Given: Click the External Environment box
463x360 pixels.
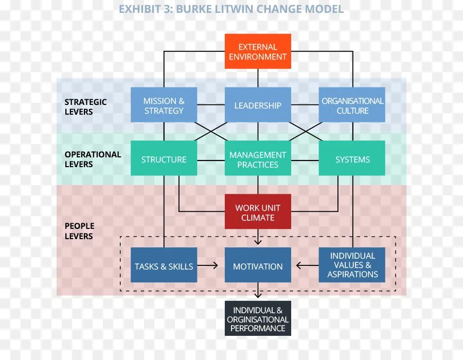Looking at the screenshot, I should [x=258, y=51].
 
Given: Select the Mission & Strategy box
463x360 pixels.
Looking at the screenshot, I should [x=164, y=105].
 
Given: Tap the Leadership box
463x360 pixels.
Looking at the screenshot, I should [x=258, y=105].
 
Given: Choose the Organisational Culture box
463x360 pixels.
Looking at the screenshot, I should [x=352, y=105].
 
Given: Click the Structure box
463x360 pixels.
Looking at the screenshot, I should [x=164, y=159].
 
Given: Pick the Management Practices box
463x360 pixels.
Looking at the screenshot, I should [x=258, y=159].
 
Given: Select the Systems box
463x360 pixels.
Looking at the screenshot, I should [x=352, y=159].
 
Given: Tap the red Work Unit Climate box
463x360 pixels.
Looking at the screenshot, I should [x=258, y=212].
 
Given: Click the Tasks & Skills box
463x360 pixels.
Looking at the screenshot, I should [x=164, y=266].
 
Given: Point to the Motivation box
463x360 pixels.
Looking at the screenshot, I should [x=258, y=266].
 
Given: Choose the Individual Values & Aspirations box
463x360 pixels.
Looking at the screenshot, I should [x=352, y=265].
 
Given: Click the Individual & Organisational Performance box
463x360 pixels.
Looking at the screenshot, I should [x=258, y=319].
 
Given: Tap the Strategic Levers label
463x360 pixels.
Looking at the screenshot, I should [x=85, y=106].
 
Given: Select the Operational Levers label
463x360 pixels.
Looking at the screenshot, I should [x=93, y=159].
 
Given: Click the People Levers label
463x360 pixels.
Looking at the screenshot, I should [x=79, y=231].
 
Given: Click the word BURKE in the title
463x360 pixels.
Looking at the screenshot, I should [x=195, y=9].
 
